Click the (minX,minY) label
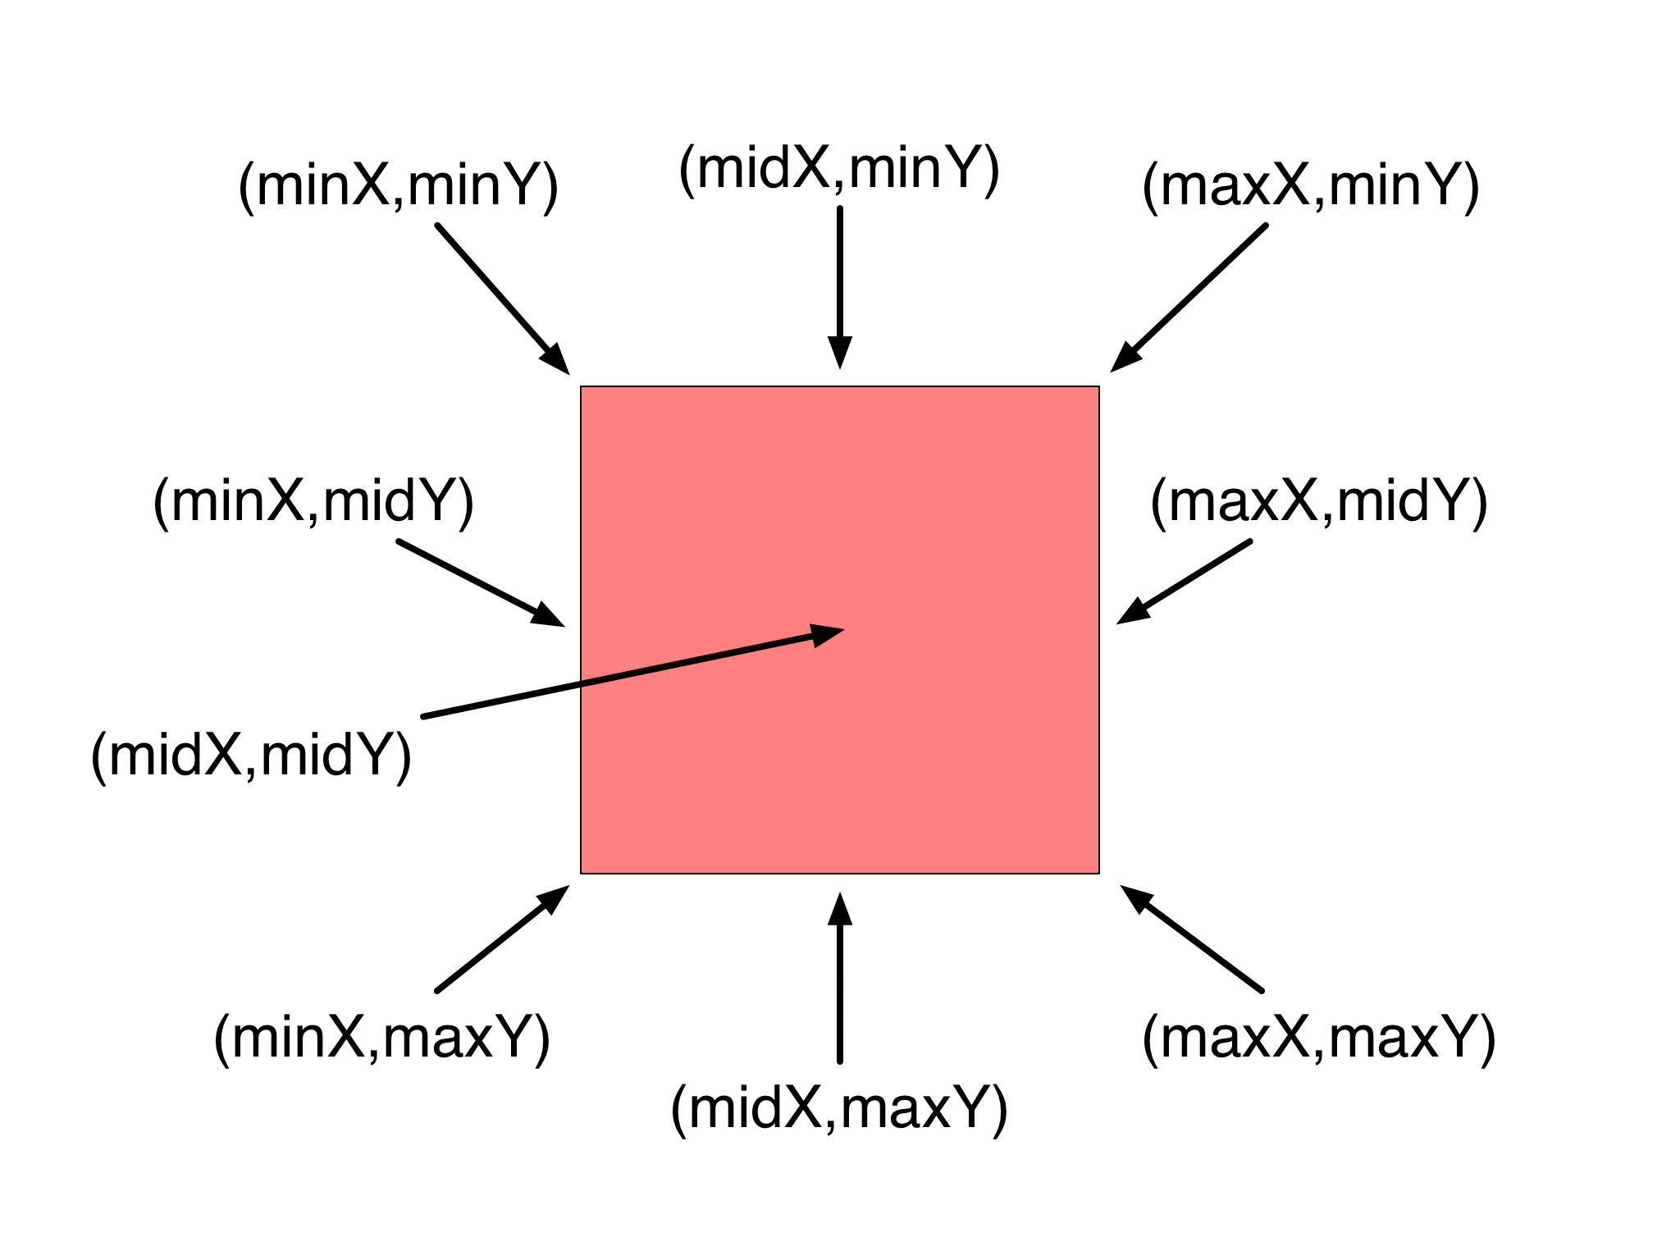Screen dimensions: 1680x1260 (x=398, y=186)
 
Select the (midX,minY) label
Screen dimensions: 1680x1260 (x=838, y=169)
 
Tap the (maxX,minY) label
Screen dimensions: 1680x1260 (x=1310, y=186)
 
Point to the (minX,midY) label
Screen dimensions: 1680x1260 (x=313, y=502)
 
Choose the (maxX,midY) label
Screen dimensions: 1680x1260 (x=1318, y=502)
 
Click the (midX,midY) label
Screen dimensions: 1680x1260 (x=251, y=756)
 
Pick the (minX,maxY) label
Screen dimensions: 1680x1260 (x=381, y=1039)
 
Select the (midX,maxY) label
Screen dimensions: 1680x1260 (x=838, y=1109)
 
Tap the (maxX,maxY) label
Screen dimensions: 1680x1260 (x=1318, y=1039)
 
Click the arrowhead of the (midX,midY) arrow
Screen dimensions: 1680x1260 (x=827, y=634)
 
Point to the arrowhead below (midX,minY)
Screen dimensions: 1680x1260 (x=839, y=353)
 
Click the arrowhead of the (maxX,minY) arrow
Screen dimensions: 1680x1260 (x=1125, y=358)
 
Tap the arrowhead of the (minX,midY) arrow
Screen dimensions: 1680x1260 (x=548, y=615)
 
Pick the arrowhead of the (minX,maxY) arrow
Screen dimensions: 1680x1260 (x=554, y=899)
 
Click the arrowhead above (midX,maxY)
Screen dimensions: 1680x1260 (x=839, y=909)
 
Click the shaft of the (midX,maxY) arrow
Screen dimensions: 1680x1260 (x=839, y=993)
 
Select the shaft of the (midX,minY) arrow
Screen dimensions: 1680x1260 (x=839, y=271)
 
